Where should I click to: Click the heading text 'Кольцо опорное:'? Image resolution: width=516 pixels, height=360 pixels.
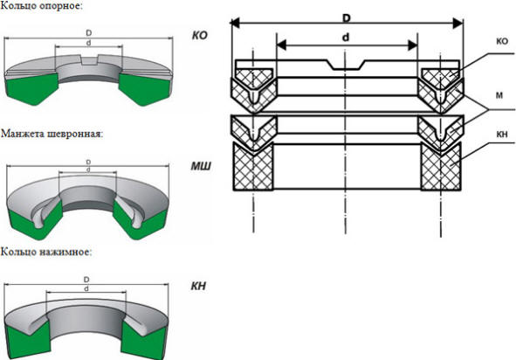41,5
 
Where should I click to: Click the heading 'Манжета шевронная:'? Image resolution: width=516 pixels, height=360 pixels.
52,134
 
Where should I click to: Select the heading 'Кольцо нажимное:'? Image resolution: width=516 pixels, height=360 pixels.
46,252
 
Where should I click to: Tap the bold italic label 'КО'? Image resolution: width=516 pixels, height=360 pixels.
200,35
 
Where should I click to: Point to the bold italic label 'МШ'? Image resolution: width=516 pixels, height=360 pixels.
201,166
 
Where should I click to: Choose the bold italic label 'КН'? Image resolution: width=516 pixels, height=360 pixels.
198,287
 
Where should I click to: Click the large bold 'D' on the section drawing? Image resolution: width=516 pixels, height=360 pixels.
347,18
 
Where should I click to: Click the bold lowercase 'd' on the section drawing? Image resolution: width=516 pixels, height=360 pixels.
346,38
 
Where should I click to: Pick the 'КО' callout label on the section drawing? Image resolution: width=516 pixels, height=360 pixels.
502,41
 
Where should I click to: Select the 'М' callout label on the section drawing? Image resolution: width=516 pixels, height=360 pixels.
499,95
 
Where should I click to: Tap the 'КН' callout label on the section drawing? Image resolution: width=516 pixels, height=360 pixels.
502,135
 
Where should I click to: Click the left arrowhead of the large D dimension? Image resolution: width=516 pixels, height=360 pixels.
235,23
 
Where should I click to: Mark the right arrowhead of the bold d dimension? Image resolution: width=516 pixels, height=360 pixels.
413,45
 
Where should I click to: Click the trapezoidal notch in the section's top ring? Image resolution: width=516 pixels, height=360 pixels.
346,65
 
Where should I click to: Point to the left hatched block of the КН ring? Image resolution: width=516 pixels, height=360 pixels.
253,167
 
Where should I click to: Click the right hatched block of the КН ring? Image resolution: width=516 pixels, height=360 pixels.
441,167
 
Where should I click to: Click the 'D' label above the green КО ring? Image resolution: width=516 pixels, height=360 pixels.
88,33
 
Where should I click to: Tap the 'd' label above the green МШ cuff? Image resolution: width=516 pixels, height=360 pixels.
88,170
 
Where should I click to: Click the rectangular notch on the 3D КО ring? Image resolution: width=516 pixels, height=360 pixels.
89,60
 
